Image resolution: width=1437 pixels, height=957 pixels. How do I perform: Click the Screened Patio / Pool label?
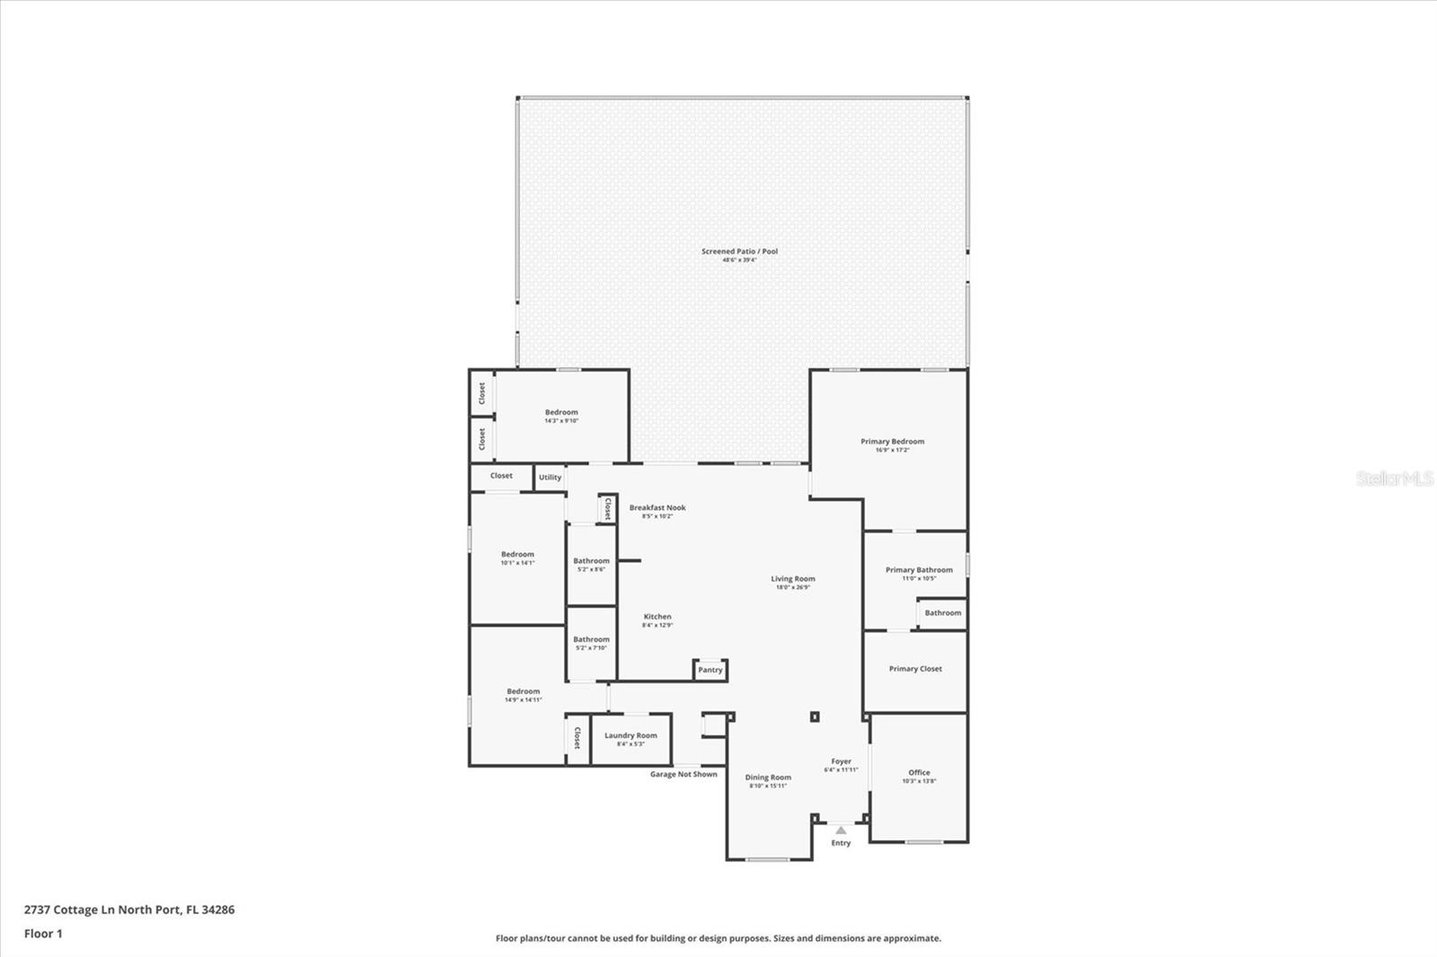pos(739,251)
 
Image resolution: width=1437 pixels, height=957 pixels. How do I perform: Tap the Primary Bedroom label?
pos(892,442)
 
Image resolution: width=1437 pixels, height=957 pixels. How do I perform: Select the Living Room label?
pos(792,579)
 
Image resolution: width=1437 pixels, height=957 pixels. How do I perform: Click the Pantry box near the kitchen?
pos(710,670)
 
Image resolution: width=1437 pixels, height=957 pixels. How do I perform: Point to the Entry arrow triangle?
pos(841,830)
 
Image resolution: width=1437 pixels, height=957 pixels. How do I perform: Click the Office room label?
pos(919,773)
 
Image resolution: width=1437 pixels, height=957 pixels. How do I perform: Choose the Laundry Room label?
pos(630,736)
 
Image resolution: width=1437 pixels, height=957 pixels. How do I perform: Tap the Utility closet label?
pos(550,478)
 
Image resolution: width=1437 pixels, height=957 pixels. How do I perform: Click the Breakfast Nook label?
pos(657,508)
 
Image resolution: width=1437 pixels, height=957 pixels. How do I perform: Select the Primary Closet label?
pos(915,669)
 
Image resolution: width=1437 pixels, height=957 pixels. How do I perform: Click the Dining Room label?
pos(768,778)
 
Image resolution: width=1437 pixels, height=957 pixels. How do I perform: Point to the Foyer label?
pos(841,762)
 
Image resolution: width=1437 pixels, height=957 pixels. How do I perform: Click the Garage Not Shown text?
pos(683,774)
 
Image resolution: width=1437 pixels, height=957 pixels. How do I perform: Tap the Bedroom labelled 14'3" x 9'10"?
pos(561,413)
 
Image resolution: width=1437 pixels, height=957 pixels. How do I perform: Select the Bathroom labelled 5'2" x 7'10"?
pos(591,640)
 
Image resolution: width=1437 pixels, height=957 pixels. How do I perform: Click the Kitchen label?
pos(657,618)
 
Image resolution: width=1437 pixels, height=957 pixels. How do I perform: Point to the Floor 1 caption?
pos(43,934)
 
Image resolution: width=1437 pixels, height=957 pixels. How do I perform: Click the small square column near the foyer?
pos(815,716)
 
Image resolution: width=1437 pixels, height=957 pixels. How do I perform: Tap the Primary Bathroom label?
pos(919,570)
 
